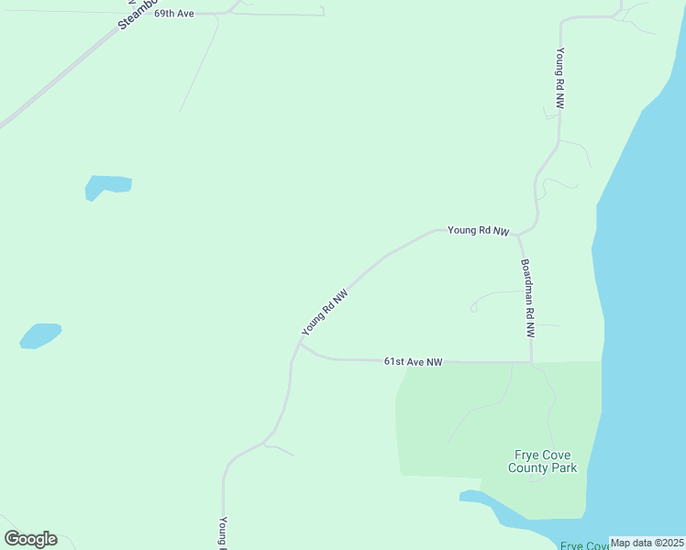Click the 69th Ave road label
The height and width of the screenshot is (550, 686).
click(x=173, y=15)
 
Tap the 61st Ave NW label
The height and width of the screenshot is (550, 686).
click(x=413, y=362)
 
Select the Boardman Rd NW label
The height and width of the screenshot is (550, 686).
click(x=527, y=299)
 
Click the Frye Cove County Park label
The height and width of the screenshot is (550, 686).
click(x=543, y=461)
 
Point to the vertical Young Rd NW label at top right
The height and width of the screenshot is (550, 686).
click(x=559, y=79)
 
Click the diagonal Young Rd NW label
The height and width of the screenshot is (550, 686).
click(x=326, y=312)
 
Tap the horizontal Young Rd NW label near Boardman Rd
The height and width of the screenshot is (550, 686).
click(x=478, y=231)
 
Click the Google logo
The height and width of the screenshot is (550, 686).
click(x=30, y=539)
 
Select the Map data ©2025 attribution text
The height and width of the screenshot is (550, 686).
click(x=647, y=543)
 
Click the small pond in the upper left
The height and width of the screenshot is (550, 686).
click(x=105, y=186)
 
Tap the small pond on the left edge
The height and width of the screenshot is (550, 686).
click(x=40, y=335)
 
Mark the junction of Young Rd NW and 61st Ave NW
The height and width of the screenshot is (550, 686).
click(x=300, y=346)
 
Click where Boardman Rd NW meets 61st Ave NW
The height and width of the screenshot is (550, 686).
click(x=532, y=362)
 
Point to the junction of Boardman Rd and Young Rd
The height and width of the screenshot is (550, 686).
click(x=518, y=236)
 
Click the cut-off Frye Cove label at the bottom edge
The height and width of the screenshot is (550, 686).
click(x=585, y=545)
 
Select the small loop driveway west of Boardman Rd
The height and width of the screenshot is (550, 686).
click(x=474, y=307)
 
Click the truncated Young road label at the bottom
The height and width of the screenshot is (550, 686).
click(x=223, y=533)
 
